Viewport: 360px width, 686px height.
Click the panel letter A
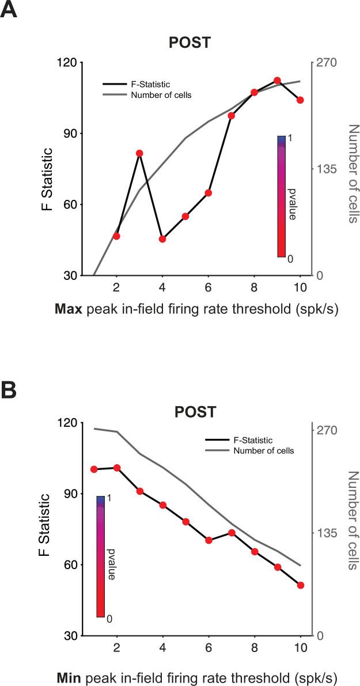click(11, 12)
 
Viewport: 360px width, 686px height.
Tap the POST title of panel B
click(196, 412)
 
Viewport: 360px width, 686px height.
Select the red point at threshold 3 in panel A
click(139, 153)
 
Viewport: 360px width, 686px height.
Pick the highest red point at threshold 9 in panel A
click(277, 81)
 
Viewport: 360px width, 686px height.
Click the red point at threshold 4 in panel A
click(162, 239)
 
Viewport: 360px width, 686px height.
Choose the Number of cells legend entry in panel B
click(264, 450)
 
